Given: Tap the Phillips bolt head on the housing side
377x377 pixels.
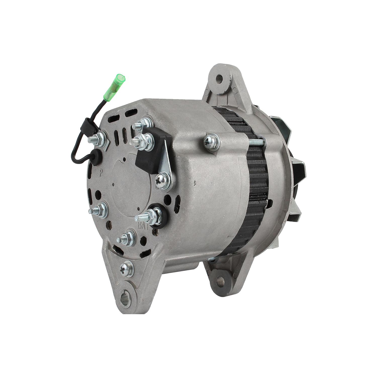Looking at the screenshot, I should tap(211, 142).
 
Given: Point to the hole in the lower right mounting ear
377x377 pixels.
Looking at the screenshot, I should tap(220, 279).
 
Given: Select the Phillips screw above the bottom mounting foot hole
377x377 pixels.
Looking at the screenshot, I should tap(127, 269).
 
